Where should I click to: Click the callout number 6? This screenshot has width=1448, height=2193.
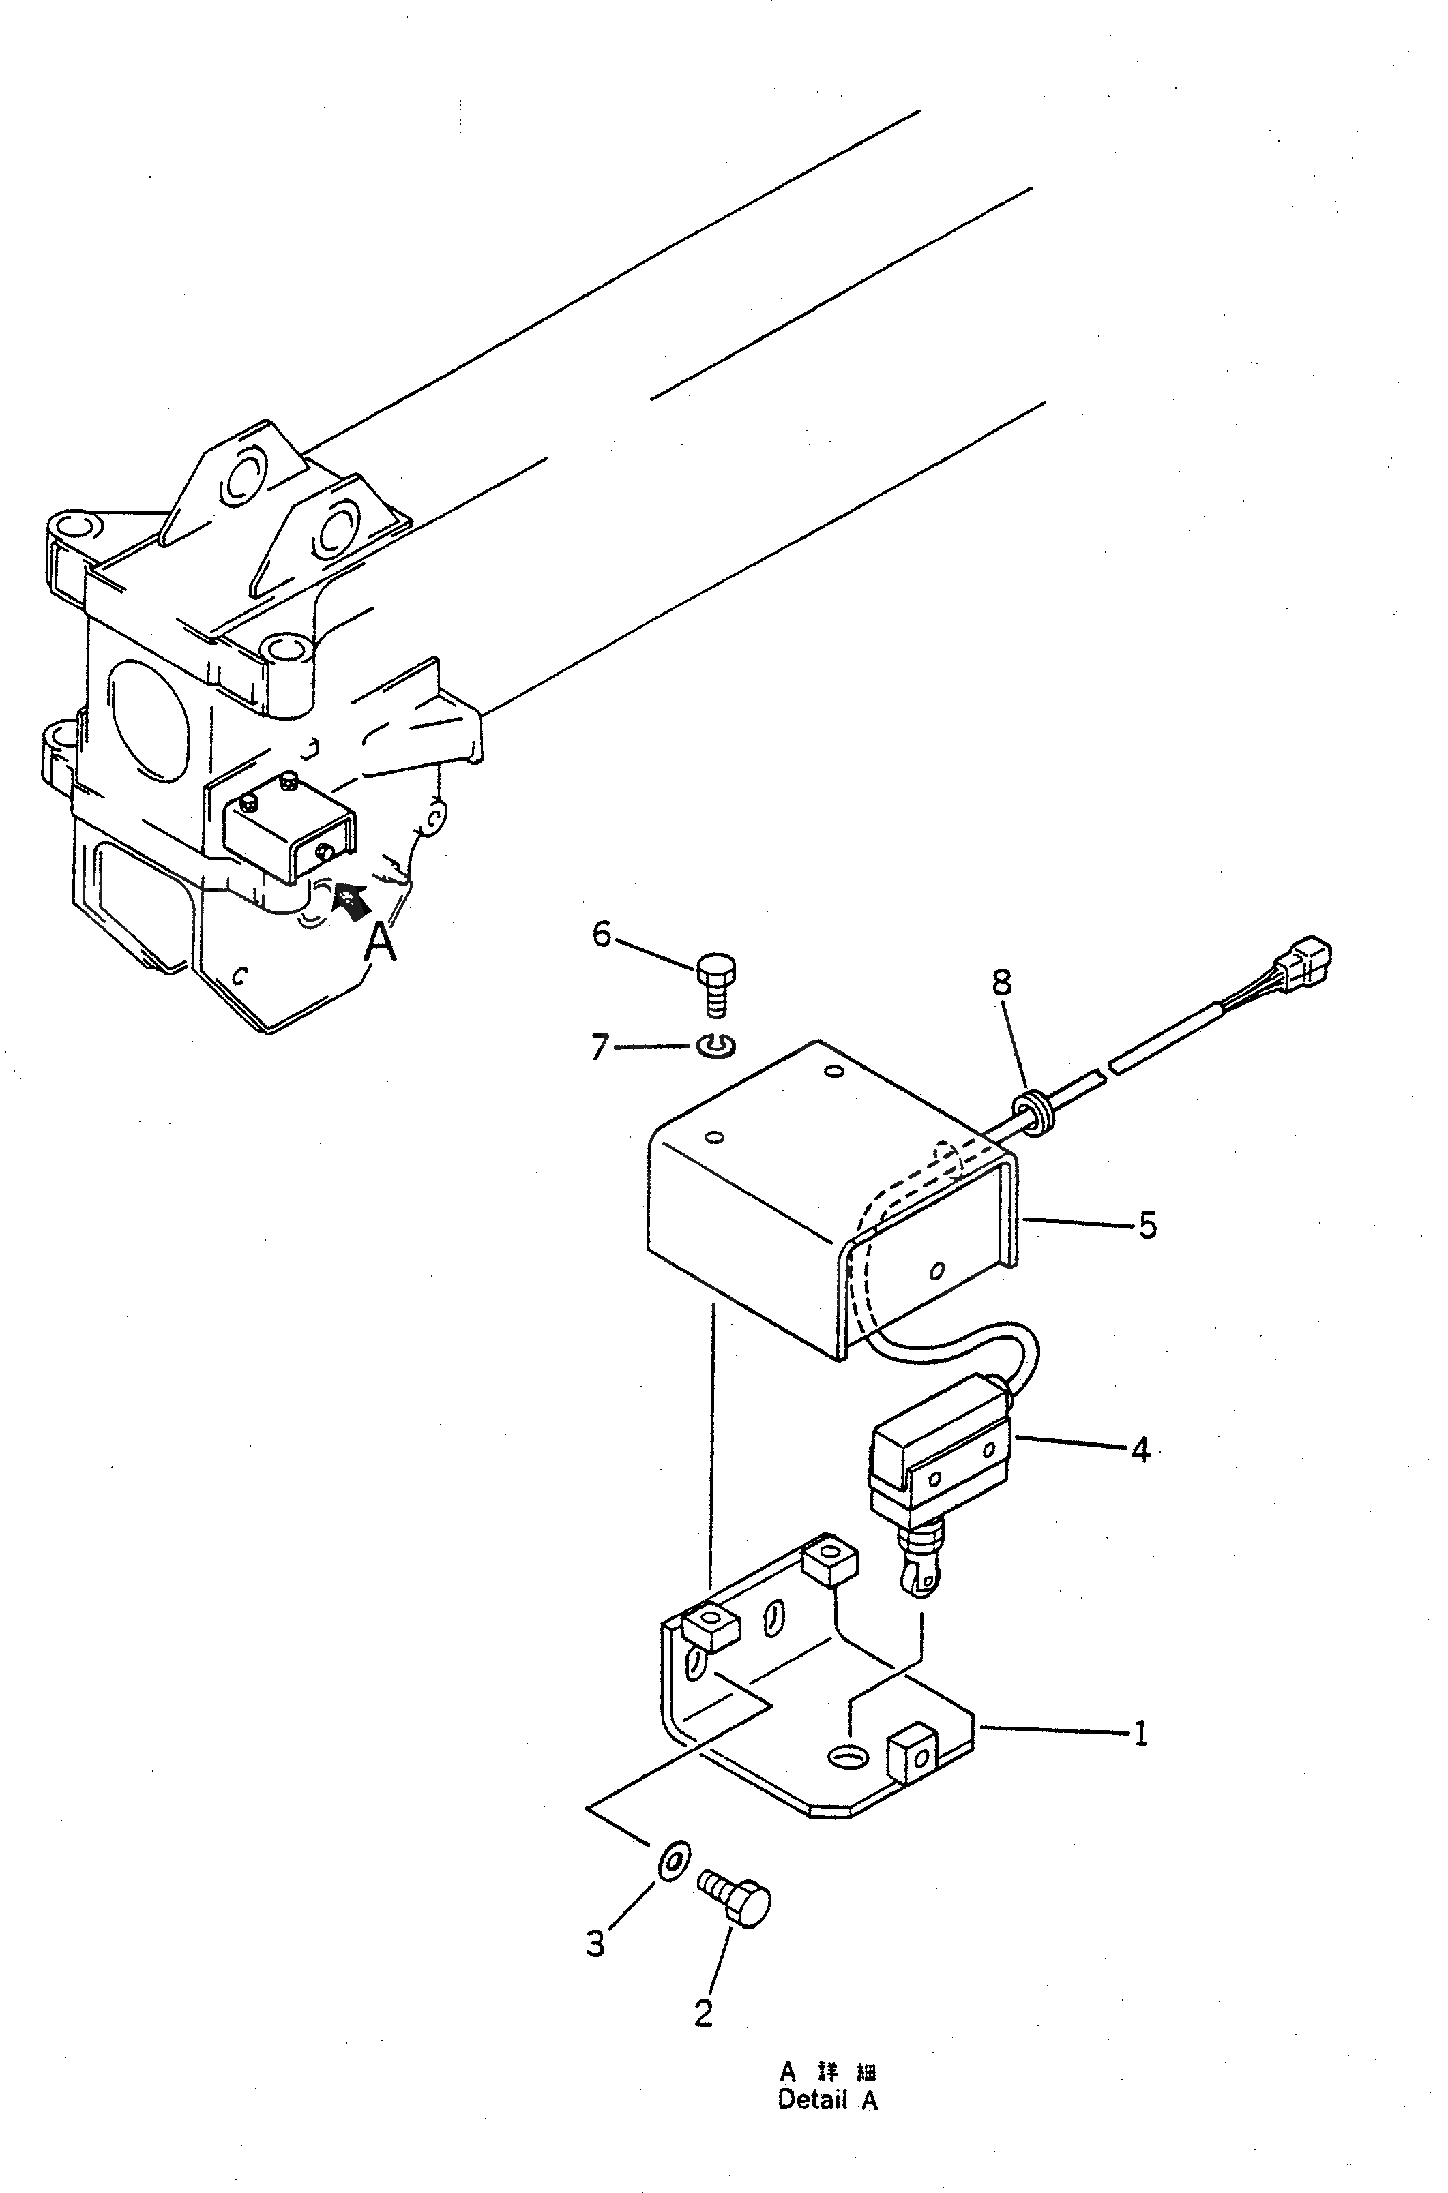tap(601, 936)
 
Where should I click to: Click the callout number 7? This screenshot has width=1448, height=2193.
tap(600, 1048)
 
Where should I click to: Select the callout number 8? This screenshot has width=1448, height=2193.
tap(1002, 983)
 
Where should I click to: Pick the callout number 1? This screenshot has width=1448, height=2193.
tap(1140, 1734)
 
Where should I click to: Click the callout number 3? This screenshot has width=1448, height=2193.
tap(595, 1944)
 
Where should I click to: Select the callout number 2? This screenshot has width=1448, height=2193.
tap(704, 2014)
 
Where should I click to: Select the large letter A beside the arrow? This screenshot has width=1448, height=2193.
tap(381, 943)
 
